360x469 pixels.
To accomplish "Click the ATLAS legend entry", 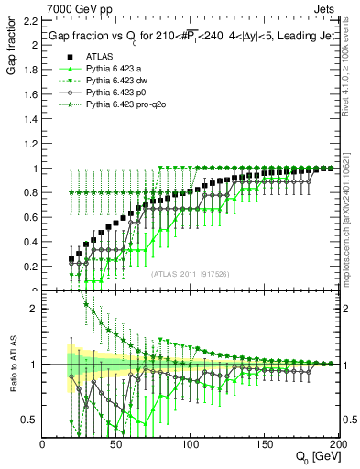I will click(99, 56).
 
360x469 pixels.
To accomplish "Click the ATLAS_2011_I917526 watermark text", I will click(190, 274).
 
